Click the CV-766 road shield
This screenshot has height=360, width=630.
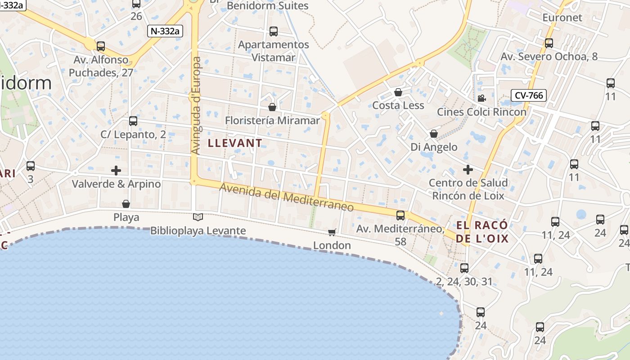[529, 95]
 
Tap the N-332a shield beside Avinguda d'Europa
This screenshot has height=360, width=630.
[165, 31]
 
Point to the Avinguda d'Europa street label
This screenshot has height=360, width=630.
[196, 106]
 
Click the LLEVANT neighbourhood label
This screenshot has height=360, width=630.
[234, 143]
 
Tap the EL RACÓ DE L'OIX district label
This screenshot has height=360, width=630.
[482, 232]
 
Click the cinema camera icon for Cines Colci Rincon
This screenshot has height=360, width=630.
[481, 98]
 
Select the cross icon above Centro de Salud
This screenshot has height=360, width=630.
[468, 170]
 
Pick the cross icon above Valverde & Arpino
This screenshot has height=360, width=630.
[116, 171]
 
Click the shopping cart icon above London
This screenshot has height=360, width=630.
[332, 232]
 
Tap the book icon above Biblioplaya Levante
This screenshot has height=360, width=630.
[198, 217]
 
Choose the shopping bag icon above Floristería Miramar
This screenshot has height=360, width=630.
[272, 107]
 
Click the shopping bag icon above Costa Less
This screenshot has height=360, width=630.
[398, 92]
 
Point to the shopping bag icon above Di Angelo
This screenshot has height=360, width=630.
[434, 134]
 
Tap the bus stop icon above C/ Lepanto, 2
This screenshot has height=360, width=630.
[133, 121]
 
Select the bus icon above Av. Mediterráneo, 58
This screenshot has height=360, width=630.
[400, 216]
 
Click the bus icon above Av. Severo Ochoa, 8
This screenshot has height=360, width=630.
[549, 43]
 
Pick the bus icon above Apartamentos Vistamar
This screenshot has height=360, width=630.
[274, 31]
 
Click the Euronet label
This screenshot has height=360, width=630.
[562, 18]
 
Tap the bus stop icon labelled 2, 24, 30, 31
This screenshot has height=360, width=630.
[464, 268]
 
